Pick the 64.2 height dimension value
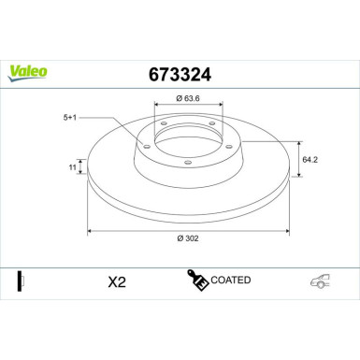(x=313, y=160)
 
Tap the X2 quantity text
(x=117, y=281)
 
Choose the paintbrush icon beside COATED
(x=197, y=281)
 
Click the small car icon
(x=320, y=281)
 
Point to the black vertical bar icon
(x=19, y=281)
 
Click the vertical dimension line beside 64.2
(x=297, y=161)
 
